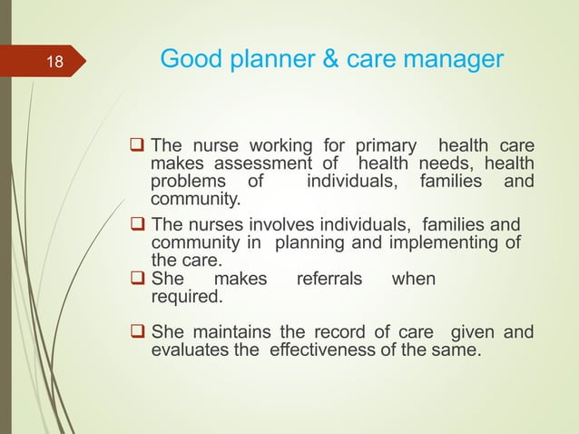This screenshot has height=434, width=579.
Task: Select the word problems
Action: point(186,181)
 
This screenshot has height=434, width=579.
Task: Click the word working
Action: point(273,146)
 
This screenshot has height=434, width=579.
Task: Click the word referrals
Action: point(329,279)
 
